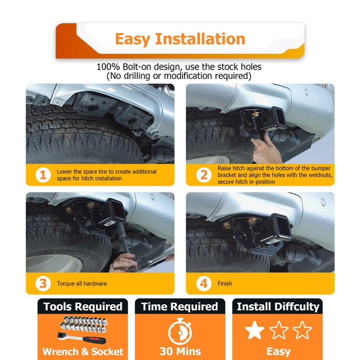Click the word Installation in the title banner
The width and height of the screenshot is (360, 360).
tap(200, 39)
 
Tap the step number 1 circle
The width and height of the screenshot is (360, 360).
tap(43, 175)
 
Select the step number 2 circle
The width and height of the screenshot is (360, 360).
tap(204, 175)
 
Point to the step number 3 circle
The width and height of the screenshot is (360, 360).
tap(43, 283)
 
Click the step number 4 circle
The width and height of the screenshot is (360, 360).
tap(204, 283)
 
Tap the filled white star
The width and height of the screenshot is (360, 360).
tap(254, 330)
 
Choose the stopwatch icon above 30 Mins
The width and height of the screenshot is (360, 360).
tap(180, 331)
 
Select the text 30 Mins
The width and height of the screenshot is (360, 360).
tap(180, 351)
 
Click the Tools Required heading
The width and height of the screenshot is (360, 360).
tap(83, 307)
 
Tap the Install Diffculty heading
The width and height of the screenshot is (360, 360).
tap(278, 307)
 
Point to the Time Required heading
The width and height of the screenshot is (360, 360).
tap(180, 307)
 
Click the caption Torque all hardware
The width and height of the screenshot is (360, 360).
tap(82, 284)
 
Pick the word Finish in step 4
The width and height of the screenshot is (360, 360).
tap(225, 284)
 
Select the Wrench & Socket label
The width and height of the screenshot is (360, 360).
tap(83, 351)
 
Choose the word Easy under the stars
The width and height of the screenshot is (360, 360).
tap(279, 352)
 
